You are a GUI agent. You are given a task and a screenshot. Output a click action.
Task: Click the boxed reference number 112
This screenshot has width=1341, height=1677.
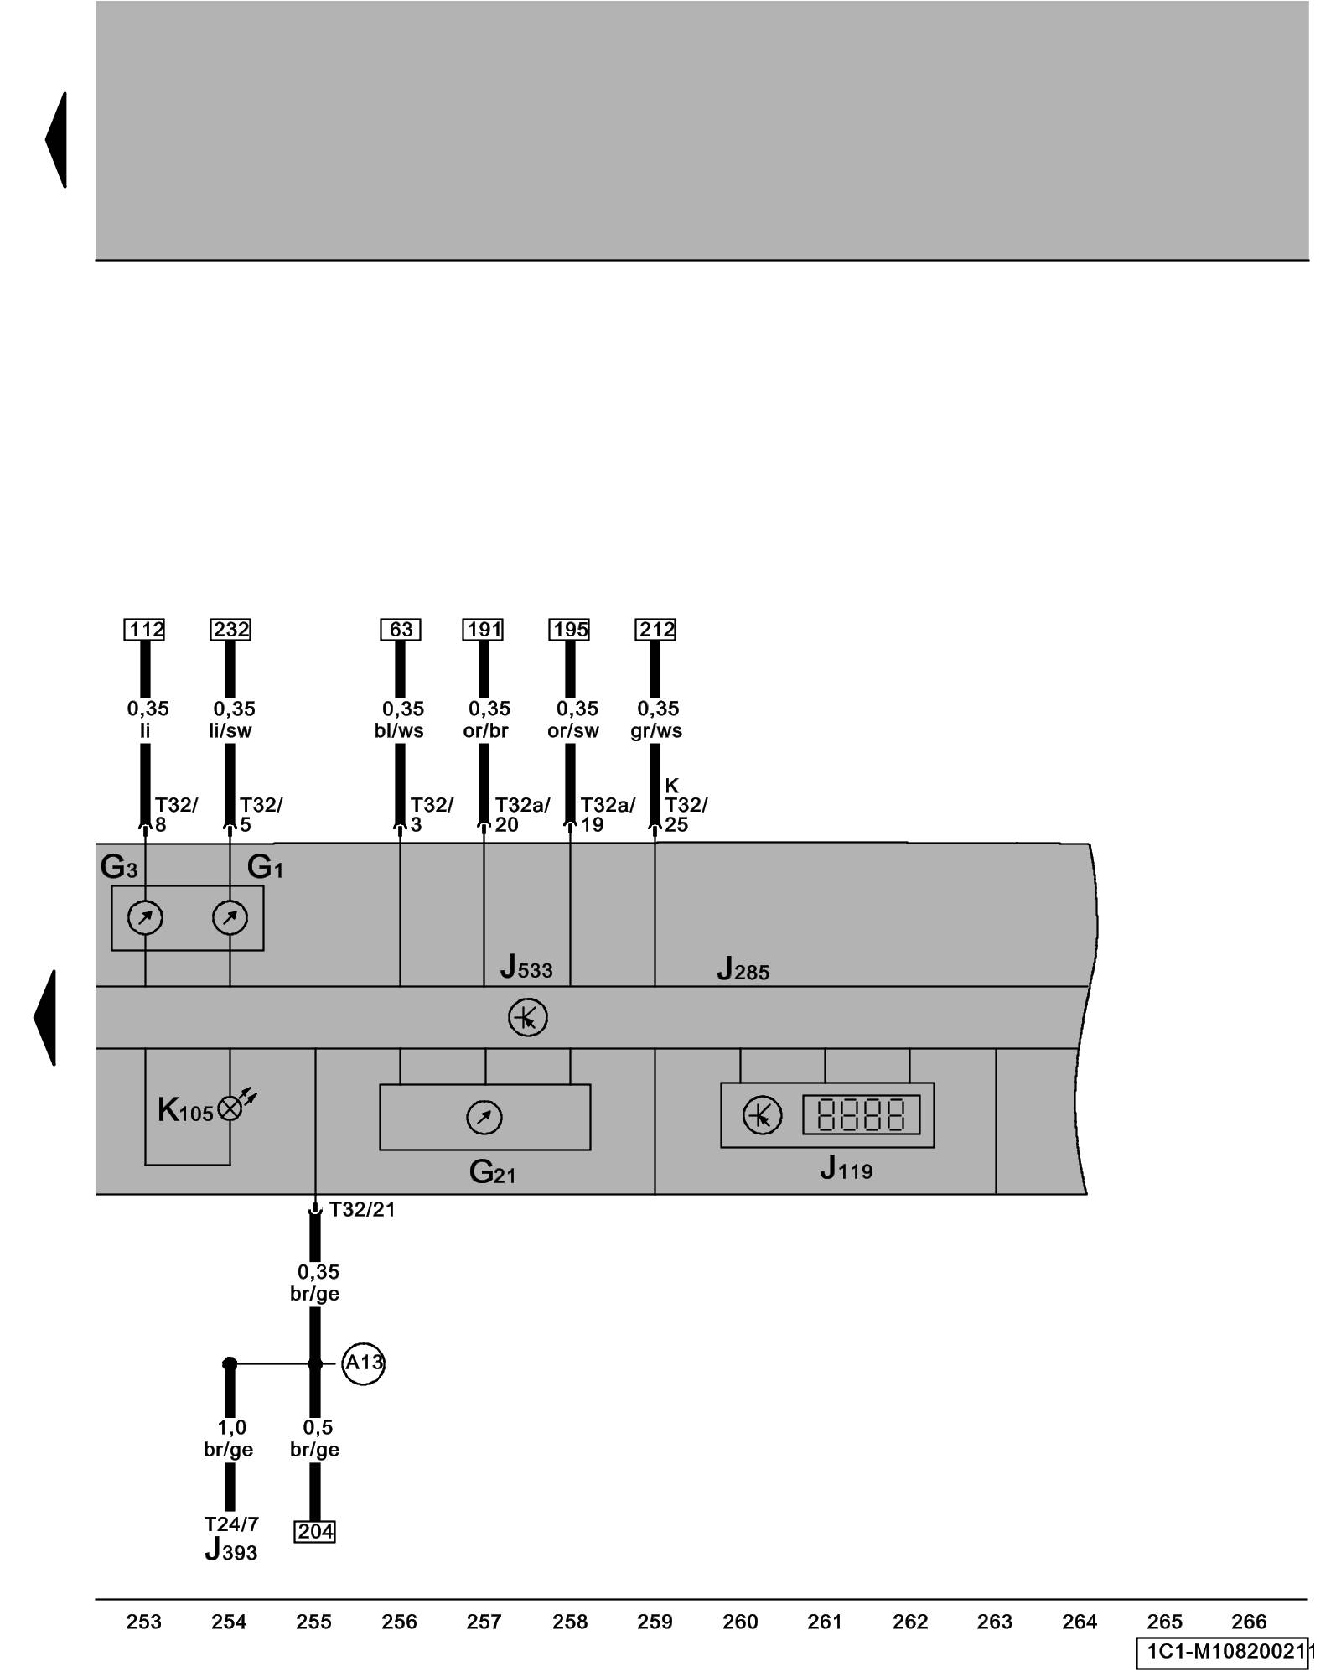pos(144,630)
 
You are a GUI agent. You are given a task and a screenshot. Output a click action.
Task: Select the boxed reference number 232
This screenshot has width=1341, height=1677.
pos(230,630)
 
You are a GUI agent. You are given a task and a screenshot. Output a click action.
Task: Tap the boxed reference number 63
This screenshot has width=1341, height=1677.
pos(401,630)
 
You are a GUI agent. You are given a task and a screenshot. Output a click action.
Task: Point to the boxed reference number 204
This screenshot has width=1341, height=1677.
pos(315,1532)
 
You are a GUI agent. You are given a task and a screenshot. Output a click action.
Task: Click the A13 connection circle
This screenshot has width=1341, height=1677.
pos(364,1363)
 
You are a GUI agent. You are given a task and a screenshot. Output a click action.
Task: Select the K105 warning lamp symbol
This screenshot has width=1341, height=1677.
pos(230,1108)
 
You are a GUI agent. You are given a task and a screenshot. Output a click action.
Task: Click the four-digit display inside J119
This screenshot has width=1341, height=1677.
pos(861,1115)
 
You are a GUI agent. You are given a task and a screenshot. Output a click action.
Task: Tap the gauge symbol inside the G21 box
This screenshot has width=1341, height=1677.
pos(484,1117)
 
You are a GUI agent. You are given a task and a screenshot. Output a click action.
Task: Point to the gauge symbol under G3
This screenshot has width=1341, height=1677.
pos(145,917)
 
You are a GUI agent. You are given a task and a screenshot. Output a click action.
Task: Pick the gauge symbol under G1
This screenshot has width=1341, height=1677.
pos(230,917)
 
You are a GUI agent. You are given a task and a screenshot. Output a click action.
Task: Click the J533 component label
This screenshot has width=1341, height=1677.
pos(526,968)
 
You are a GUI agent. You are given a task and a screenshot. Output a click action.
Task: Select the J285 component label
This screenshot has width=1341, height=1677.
pos(743,970)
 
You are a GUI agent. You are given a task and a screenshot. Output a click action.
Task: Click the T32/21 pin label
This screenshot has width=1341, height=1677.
pos(361,1209)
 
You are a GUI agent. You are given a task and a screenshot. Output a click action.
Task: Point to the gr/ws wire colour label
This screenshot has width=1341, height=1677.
pos(656,731)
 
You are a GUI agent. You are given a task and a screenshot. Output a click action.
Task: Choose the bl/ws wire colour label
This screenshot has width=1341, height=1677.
pos(399,731)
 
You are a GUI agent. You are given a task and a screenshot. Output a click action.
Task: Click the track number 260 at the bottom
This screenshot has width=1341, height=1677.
pos(740,1622)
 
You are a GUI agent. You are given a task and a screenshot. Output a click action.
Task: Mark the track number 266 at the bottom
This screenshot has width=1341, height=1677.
pos(1249,1622)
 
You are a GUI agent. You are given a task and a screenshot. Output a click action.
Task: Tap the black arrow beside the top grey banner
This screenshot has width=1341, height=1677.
pos(57,140)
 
